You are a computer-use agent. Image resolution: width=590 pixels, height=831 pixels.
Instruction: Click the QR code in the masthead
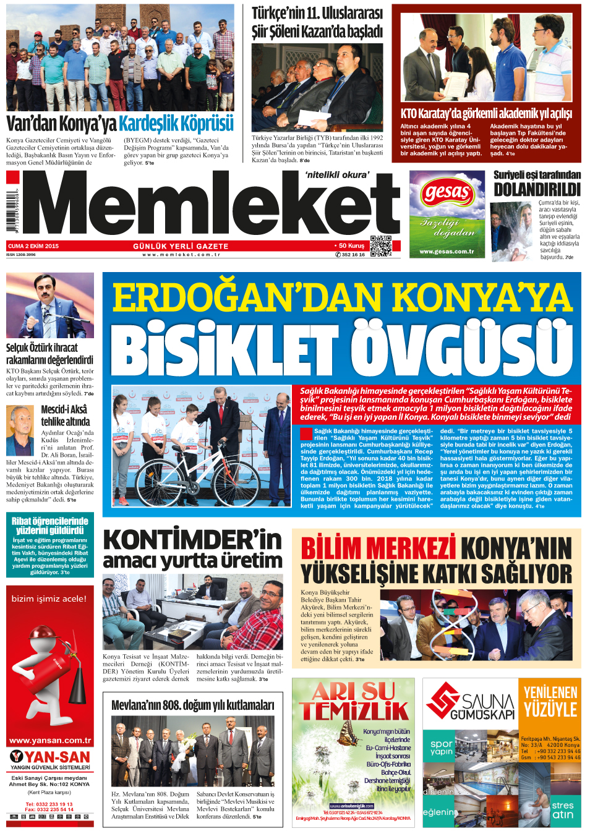click(381, 246)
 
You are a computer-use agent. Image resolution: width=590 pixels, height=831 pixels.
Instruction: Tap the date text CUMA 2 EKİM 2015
click(33, 246)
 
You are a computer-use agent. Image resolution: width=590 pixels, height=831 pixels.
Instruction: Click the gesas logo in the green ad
click(447, 193)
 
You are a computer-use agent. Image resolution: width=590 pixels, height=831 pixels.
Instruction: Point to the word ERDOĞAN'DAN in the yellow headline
click(247, 297)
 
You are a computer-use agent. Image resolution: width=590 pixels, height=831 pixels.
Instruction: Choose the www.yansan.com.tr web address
click(50, 740)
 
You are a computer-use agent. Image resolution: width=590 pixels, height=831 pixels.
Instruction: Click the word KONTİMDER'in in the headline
click(192, 540)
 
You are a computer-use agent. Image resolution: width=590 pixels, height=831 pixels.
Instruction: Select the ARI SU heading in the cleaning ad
click(353, 691)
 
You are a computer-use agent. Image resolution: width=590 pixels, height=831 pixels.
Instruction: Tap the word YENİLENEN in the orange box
click(550, 692)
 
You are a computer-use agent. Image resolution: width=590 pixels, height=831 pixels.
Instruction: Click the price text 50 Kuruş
click(351, 245)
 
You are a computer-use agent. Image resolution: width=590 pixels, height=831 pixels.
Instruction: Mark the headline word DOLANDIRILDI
click(537, 190)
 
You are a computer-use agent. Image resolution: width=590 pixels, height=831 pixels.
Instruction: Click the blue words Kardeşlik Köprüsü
click(176, 124)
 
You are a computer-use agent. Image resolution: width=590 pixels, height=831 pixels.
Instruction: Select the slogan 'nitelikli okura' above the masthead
click(337, 175)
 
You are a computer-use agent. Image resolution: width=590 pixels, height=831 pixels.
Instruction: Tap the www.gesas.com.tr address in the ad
click(447, 252)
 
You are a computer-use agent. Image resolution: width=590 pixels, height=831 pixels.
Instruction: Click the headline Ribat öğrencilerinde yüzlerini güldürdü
click(50, 526)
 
